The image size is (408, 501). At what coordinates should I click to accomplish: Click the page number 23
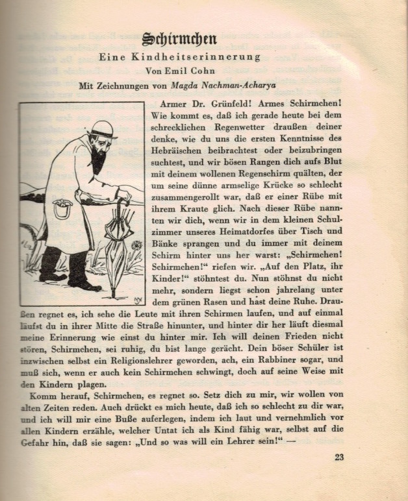[339, 457]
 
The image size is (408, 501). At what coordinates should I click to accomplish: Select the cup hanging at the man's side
[62, 208]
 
